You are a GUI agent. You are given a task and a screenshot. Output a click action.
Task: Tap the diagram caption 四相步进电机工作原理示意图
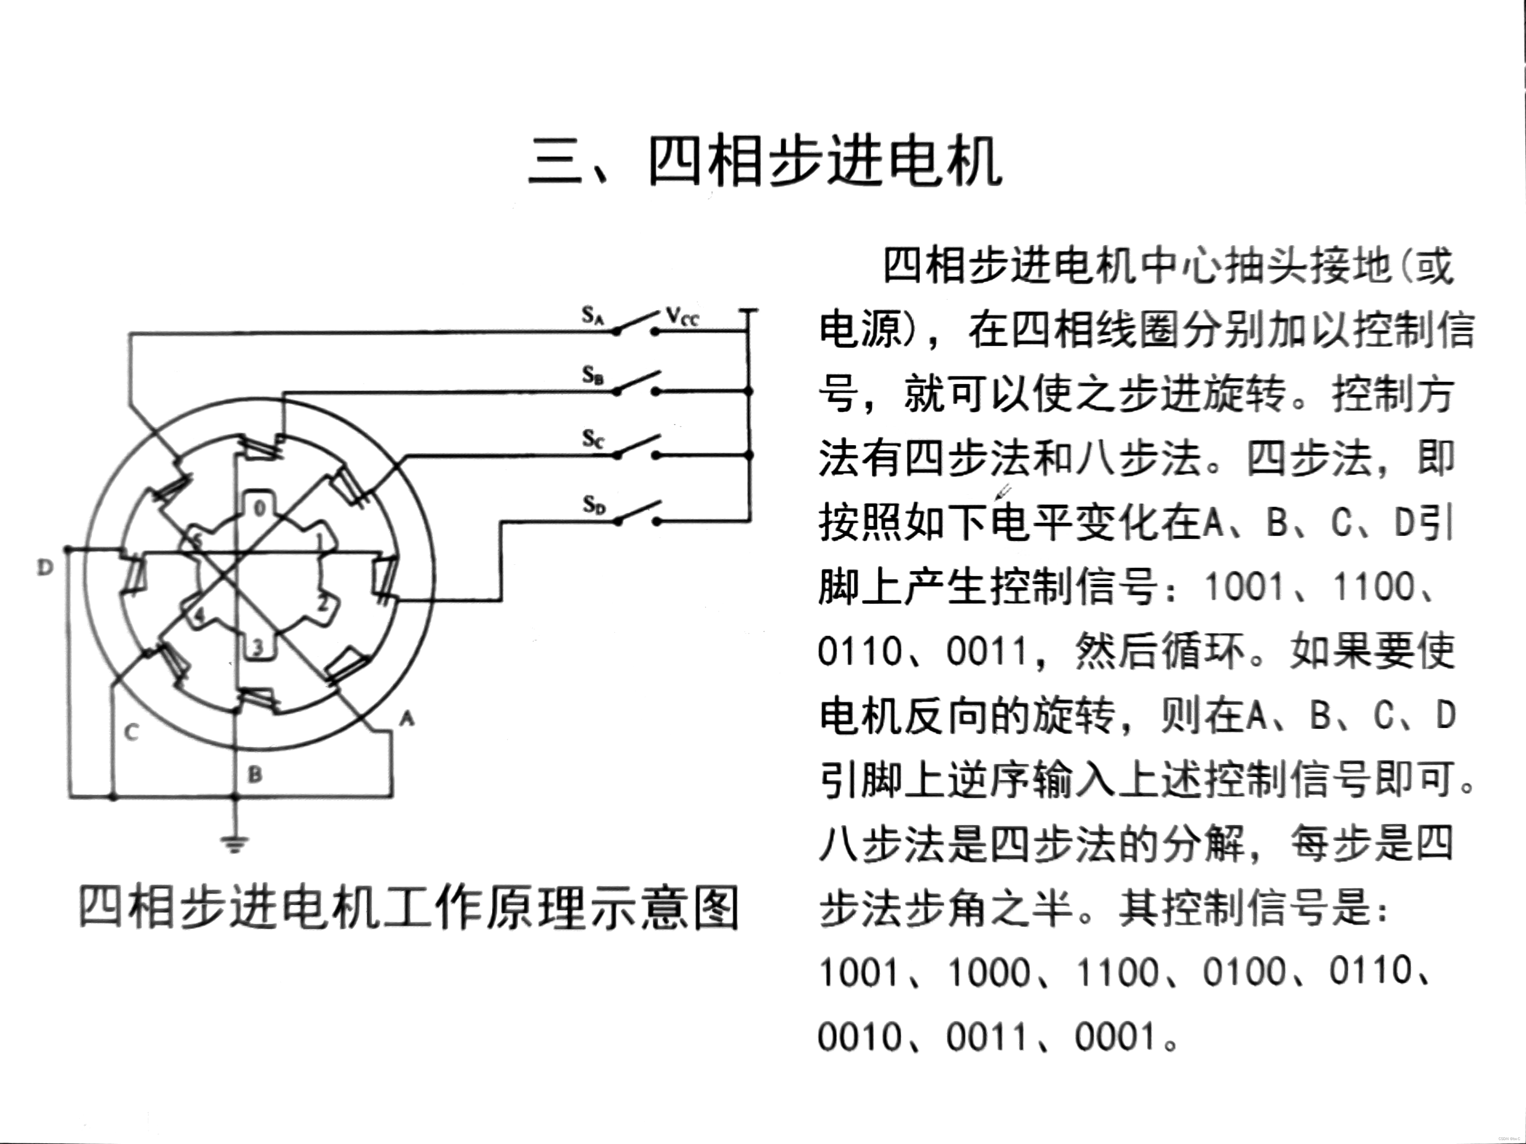click(x=409, y=908)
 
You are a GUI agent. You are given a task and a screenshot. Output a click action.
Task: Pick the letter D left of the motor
click(x=45, y=568)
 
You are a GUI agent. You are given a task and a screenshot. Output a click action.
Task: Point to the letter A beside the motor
click(x=407, y=718)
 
